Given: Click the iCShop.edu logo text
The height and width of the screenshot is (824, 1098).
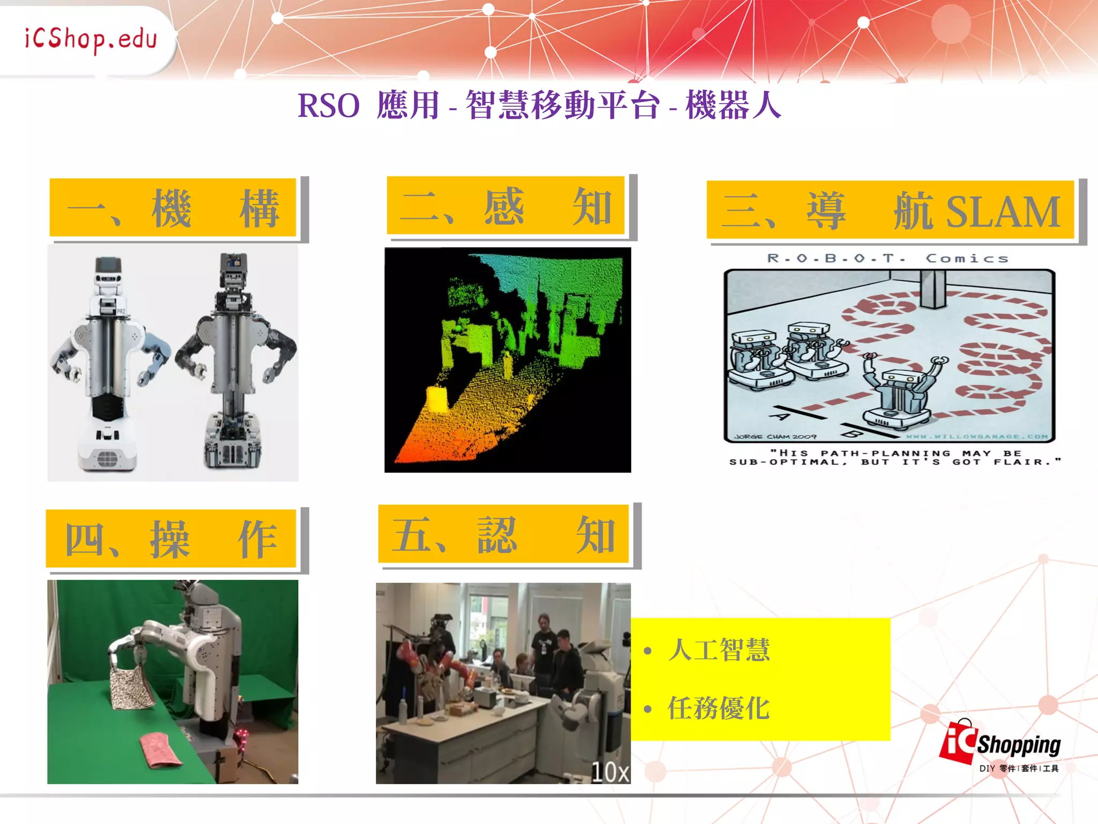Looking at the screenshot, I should click(91, 39).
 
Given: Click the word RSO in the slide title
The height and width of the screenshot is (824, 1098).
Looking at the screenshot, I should click(328, 106).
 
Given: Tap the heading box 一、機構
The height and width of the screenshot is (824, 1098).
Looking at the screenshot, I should click(173, 208).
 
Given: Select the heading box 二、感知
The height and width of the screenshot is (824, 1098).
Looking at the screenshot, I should click(506, 206).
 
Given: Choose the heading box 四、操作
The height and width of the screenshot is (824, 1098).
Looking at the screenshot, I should click(171, 539).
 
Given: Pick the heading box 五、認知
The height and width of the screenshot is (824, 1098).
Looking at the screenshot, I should click(503, 535).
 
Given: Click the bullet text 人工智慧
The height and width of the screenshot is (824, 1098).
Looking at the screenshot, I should click(718, 650).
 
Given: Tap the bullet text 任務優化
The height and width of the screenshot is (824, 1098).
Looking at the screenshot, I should click(718, 708).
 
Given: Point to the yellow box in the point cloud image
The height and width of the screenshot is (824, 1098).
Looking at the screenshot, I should click(436, 399).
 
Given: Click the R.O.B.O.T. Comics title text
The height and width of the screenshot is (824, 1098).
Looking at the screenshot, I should click(888, 259).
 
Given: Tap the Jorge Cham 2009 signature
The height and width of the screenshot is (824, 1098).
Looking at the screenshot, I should click(775, 437).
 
